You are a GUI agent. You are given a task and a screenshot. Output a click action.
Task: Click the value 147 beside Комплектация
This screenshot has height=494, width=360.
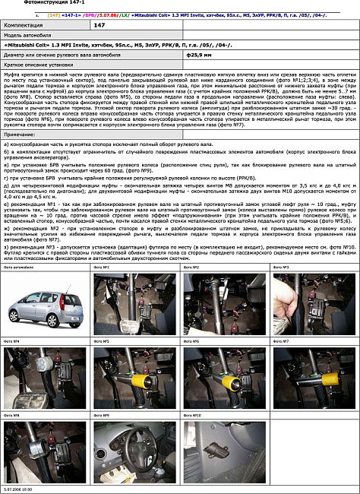tap(99, 25)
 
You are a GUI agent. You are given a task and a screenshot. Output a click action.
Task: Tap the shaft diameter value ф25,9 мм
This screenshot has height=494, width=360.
tap(198, 55)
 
